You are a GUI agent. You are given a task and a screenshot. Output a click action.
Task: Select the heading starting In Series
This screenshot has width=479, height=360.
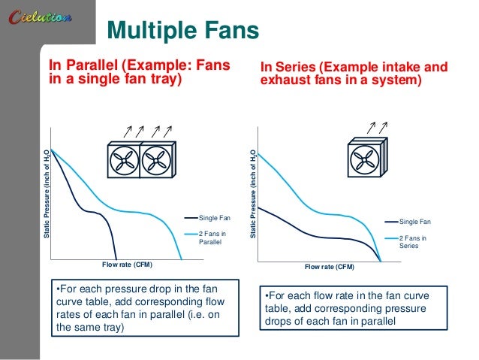pyautogui.click(x=354, y=74)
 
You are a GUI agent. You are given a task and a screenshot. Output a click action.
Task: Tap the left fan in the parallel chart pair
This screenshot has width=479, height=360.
pyautogui.click(x=122, y=160)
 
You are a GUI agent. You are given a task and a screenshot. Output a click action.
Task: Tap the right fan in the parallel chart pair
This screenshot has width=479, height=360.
pyautogui.click(x=156, y=160)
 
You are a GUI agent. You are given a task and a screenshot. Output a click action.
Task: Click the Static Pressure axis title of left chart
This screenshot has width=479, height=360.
pyautogui.click(x=47, y=195)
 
